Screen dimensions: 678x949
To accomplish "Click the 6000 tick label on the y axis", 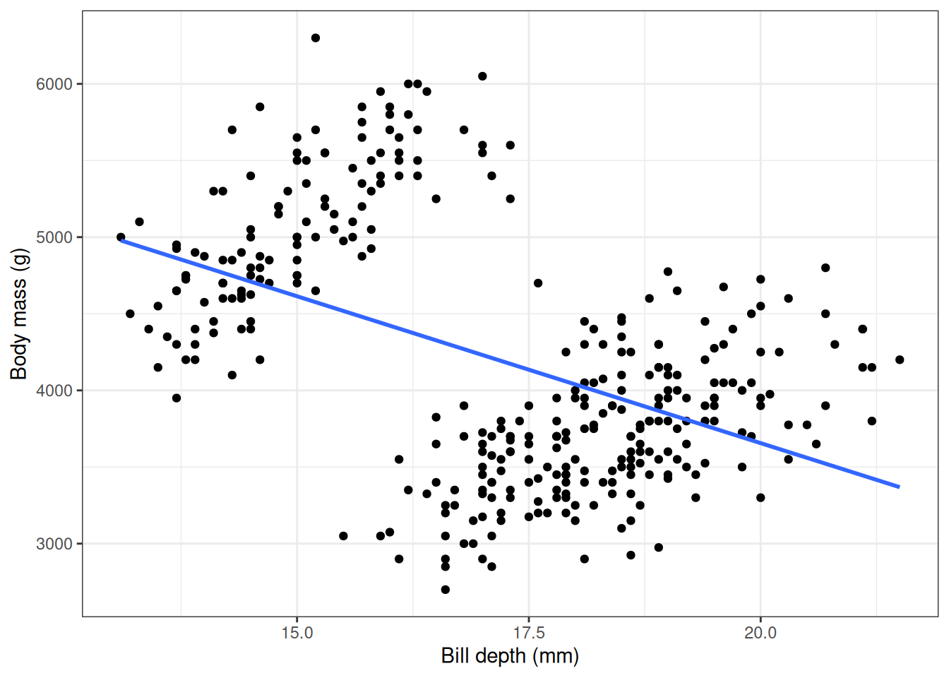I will (x=54, y=84).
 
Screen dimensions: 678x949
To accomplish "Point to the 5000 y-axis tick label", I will (x=54, y=237).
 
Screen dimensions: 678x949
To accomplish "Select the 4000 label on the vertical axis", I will (x=54, y=391).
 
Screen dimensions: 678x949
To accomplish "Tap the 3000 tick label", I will (x=54, y=544).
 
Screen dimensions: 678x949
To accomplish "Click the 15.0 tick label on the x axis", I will (x=297, y=633).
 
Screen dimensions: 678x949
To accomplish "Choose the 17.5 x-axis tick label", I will (x=528, y=633).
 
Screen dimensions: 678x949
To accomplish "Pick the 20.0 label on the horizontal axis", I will (x=760, y=633).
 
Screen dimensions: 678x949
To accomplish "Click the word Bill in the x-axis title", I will (x=455, y=656).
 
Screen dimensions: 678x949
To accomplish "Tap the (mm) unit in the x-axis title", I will (x=556, y=656).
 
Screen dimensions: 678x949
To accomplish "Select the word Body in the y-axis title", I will (x=19, y=357).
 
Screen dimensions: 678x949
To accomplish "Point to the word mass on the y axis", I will (x=19, y=304).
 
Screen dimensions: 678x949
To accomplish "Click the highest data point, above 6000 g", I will (x=316, y=38).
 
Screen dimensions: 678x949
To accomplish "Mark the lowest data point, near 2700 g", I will (x=446, y=590).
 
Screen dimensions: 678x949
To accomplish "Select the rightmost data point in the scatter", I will (x=900, y=359).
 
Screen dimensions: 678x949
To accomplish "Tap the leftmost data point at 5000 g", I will (x=121, y=237).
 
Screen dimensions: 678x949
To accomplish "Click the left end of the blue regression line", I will (x=121, y=241).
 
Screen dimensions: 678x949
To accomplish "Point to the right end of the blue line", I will (x=899, y=487).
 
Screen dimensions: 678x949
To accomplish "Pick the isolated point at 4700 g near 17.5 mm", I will (x=538, y=283).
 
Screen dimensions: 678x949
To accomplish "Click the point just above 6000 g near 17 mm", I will (x=482, y=76).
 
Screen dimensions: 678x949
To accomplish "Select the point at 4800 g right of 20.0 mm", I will (x=825, y=268).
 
